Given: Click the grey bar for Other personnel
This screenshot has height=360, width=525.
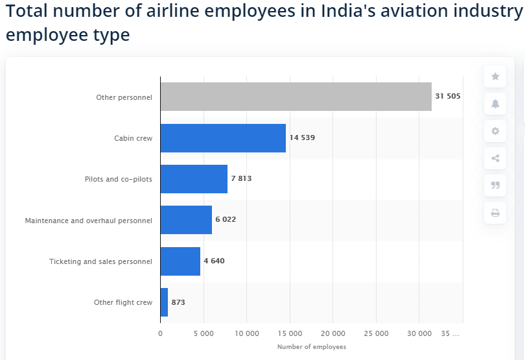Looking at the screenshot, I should tap(296, 97).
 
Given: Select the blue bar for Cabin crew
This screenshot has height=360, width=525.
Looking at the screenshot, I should tap(223, 138).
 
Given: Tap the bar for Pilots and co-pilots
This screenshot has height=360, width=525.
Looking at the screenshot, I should tap(194, 179).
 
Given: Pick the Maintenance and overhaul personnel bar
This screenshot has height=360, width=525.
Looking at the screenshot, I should tap(186, 220).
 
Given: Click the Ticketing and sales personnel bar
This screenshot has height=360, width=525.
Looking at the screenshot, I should tap(180, 261).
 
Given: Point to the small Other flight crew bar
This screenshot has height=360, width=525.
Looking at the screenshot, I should tap(164, 302).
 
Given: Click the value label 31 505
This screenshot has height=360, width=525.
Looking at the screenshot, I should tap(448, 96).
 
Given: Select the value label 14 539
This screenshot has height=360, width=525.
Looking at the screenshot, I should tap(302, 138).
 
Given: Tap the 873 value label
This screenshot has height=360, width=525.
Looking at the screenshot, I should tap(178, 302).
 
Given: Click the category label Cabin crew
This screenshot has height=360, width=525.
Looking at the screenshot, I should tap(133, 138).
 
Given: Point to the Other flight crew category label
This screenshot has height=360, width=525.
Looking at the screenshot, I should tap(123, 302).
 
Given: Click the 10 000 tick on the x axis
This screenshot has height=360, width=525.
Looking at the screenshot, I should tap(247, 333).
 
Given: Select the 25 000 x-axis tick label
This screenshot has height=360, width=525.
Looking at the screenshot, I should tap(376, 333).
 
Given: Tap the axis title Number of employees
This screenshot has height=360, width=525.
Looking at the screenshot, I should tap(312, 347).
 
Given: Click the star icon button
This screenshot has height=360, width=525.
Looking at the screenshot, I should tap(495, 77).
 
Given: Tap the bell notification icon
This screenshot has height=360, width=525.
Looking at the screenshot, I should tap(495, 104).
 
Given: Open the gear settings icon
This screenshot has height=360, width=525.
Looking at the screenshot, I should tap(495, 131).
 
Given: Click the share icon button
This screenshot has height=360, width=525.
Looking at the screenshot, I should tap(495, 158).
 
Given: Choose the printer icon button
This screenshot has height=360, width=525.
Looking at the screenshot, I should tap(495, 213).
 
